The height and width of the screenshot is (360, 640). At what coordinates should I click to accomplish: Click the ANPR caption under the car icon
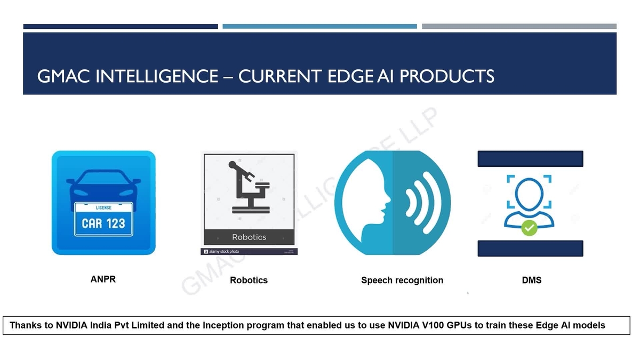pyautogui.click(x=103, y=279)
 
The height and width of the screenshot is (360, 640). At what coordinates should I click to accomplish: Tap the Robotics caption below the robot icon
pyautogui.click(x=249, y=280)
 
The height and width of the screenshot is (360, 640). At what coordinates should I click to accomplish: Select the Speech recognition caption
pyautogui.click(x=402, y=280)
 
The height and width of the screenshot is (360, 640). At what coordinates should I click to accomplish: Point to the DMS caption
pyautogui.click(x=531, y=280)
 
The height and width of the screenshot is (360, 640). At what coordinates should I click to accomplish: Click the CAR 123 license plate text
pyautogui.click(x=103, y=223)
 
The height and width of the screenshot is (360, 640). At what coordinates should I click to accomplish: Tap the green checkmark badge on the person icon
pyautogui.click(x=529, y=228)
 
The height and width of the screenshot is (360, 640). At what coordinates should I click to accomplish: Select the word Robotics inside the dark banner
pyautogui.click(x=249, y=237)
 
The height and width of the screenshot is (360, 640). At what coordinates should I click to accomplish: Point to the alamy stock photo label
pyautogui.click(x=223, y=251)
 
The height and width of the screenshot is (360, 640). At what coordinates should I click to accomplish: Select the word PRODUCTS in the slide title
pyautogui.click(x=447, y=76)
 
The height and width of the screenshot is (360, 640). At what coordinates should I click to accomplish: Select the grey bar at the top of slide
pyautogui.click(x=519, y=26)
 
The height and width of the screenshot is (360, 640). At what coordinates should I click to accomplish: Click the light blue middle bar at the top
pyautogui.click(x=319, y=26)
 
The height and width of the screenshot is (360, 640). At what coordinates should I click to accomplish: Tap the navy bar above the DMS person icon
pyautogui.click(x=530, y=158)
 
